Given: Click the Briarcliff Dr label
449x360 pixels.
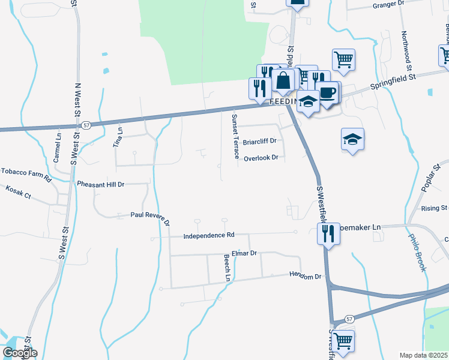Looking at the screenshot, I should [x=259, y=142].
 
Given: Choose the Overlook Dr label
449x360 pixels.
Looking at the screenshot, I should [x=261, y=158].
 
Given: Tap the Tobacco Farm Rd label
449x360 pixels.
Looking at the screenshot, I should [x=26, y=171].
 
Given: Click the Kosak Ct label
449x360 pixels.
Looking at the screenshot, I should [x=18, y=188].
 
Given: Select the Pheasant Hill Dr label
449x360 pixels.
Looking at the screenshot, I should [x=100, y=184].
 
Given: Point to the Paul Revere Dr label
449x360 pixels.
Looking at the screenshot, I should [x=150, y=217].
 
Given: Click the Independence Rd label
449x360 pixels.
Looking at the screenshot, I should [x=209, y=236].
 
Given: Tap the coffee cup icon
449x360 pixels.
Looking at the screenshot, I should [x=328, y=92].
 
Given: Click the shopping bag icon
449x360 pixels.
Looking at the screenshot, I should [x=283, y=80].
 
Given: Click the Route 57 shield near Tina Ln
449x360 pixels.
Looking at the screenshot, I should [x=87, y=125].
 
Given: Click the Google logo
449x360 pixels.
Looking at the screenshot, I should [x=19, y=353].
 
